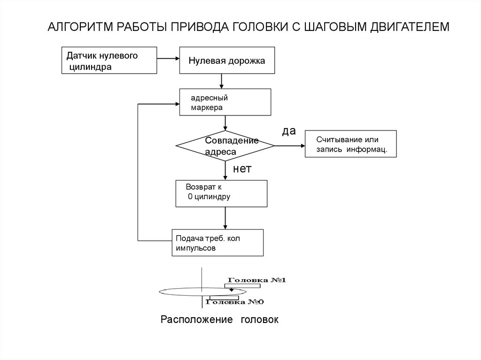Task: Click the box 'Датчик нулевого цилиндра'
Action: (x=109, y=60)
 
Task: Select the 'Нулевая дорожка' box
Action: (x=227, y=60)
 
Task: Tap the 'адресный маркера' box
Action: (x=225, y=102)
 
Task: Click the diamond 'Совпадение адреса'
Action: (x=225, y=146)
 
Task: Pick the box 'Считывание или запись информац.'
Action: (x=351, y=144)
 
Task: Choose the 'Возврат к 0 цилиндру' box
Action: (x=221, y=193)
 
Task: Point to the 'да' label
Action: (x=289, y=131)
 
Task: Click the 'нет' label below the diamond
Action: (x=242, y=169)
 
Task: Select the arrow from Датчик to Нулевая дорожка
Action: (x=168, y=59)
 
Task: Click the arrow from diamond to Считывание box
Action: (x=289, y=146)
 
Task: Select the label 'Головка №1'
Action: (x=257, y=280)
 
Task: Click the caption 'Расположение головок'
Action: (x=219, y=320)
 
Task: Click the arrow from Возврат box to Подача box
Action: (x=225, y=218)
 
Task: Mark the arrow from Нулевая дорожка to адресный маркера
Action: (x=222, y=82)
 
